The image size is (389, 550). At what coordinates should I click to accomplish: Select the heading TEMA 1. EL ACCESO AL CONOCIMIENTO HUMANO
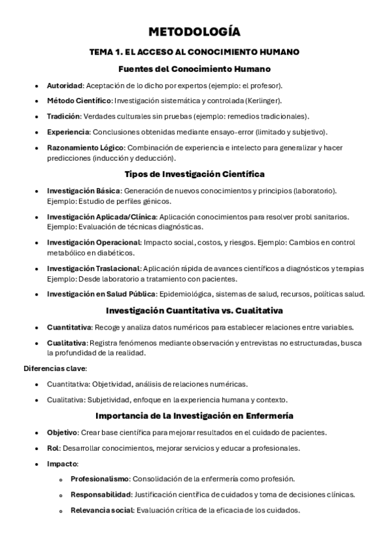pyautogui.click(x=194, y=52)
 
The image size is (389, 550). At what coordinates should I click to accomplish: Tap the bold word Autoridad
pyautogui.click(x=64, y=85)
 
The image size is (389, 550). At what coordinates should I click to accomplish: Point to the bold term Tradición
pyautogui.click(x=63, y=116)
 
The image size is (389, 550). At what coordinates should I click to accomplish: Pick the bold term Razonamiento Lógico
pyautogui.click(x=85, y=147)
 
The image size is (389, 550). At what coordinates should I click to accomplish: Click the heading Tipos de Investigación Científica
pyautogui.click(x=194, y=174)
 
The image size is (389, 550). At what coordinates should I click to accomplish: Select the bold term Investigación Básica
pyautogui.click(x=83, y=191)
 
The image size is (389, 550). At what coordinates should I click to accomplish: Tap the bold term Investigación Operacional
pyautogui.click(x=93, y=243)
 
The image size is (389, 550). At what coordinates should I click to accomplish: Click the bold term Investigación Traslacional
pyautogui.click(x=93, y=268)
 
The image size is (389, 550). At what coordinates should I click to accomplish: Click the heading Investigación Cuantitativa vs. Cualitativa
pyautogui.click(x=194, y=310)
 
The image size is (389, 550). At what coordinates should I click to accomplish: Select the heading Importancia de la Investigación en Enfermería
pyautogui.click(x=194, y=415)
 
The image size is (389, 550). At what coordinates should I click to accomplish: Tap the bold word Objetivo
pyautogui.click(x=62, y=432)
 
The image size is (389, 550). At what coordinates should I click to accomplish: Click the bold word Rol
pyautogui.click(x=53, y=448)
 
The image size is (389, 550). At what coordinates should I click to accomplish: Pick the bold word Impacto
pyautogui.click(x=62, y=463)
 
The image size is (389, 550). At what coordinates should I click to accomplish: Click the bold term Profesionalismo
pyautogui.click(x=99, y=479)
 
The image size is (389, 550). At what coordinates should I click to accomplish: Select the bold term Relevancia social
pyautogui.click(x=101, y=510)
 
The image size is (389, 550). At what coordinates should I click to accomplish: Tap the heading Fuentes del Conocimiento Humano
pyautogui.click(x=194, y=69)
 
